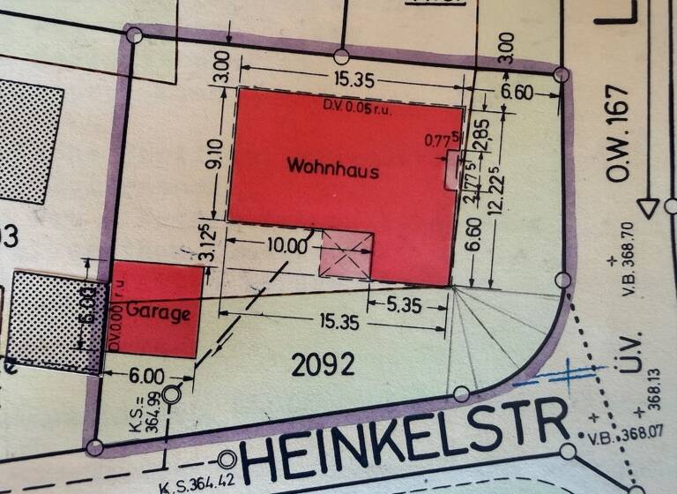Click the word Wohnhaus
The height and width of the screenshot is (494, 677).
(332, 168)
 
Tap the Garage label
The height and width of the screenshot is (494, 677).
(159, 311)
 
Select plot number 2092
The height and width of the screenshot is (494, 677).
(325, 363)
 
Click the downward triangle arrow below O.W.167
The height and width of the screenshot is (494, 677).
(650, 208)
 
